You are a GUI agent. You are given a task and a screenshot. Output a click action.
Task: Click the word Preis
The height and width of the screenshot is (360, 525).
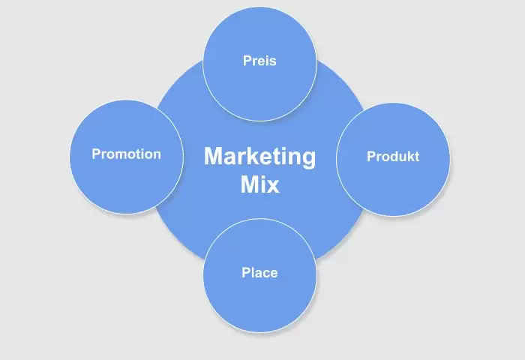pos(259,61)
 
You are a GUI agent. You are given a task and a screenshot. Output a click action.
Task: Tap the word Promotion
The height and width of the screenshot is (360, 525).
pos(127,154)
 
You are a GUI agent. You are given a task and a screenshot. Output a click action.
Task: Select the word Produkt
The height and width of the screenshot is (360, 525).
pos(393,157)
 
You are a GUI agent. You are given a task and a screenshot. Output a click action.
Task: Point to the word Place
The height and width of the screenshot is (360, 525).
pos(259,272)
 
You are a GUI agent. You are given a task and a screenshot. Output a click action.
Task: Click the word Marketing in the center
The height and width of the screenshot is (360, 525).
pos(259,157)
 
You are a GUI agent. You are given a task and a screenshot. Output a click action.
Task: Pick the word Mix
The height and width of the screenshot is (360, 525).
pos(259,184)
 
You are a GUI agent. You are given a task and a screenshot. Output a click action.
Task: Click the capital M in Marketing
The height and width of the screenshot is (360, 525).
pos(214,156)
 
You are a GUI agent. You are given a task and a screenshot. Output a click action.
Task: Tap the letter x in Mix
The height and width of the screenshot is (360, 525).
pos(271,187)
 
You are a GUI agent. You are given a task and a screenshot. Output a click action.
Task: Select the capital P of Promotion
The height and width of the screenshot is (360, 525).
pos(97,154)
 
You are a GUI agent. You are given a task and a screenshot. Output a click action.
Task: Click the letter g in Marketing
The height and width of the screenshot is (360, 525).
pos(309,160)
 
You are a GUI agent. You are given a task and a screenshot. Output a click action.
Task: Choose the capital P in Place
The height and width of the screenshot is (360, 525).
pos(246,272)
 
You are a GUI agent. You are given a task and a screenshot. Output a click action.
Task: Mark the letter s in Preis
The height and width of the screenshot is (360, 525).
pos(272,62)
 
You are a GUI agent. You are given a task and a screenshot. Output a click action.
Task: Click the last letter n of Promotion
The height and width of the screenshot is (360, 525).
pos(157,155)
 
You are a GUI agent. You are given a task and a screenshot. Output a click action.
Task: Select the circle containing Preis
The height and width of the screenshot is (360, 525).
pos(259,64)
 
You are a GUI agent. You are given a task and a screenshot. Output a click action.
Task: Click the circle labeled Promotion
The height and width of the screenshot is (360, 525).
pos(127,157)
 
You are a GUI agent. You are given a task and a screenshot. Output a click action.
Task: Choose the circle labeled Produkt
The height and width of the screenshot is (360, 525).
pos(393,160)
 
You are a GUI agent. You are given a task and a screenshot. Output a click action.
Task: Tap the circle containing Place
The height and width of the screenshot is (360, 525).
pos(259,275)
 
